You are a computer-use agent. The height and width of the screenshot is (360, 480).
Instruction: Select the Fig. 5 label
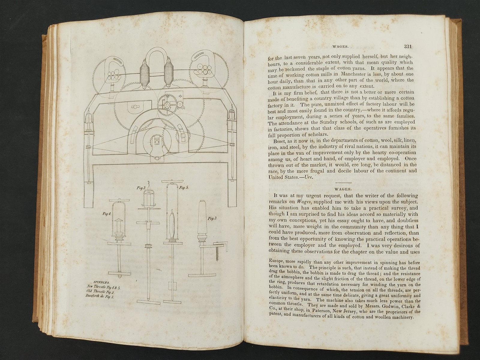[184, 187]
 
